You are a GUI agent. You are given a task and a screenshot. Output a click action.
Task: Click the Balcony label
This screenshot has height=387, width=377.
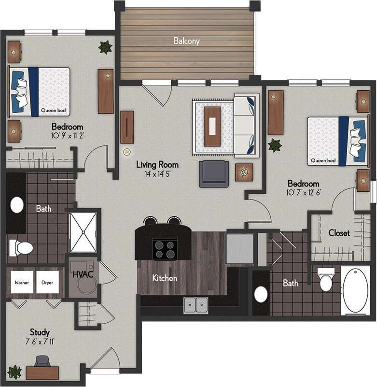[186, 41]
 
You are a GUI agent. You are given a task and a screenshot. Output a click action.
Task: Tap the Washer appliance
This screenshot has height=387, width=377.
[21, 282]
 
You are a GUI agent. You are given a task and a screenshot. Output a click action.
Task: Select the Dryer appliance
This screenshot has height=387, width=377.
[47, 282]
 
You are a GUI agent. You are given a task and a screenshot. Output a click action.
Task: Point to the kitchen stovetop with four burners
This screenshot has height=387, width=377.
[165, 249]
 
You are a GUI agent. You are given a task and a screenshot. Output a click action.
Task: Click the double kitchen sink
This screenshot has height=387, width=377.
[195, 305]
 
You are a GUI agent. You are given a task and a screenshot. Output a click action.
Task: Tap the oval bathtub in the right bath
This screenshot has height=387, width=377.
[355, 290]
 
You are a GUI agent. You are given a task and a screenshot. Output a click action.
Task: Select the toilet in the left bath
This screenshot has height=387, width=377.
[21, 248]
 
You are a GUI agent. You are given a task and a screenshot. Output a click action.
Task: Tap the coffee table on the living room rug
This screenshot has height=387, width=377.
[212, 126]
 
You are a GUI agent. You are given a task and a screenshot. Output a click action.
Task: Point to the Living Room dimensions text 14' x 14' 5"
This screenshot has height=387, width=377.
[157, 173]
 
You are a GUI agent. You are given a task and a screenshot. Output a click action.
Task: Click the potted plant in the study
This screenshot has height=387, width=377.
[14, 372]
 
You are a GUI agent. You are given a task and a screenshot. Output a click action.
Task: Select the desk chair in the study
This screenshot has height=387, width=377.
[42, 361]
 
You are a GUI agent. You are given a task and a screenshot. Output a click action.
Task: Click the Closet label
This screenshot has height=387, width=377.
[339, 233]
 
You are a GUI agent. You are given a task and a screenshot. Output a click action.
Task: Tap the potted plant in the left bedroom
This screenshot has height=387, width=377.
[105, 47]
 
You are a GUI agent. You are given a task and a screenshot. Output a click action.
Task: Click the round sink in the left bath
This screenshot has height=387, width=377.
[17, 205]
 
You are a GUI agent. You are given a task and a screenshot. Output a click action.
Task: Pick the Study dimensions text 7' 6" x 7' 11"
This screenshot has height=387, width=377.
[40, 342]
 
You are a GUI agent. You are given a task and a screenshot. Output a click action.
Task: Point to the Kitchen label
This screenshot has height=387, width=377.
[165, 278]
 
